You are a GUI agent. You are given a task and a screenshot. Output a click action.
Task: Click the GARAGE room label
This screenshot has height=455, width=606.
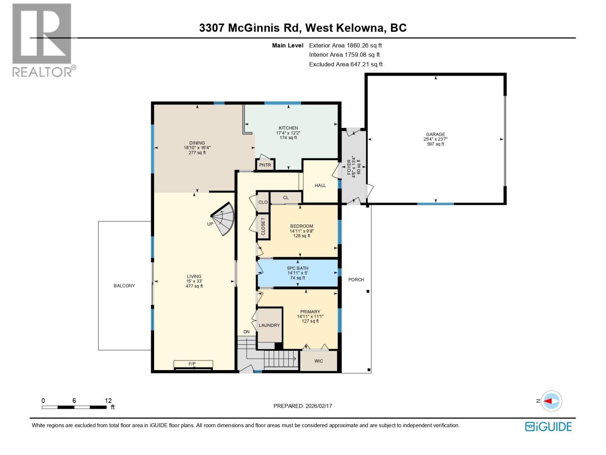click(435, 134)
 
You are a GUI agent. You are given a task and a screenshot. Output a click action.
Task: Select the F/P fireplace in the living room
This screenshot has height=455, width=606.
click(193, 364)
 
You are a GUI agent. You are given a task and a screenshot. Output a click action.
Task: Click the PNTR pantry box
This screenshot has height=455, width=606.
click(265, 165)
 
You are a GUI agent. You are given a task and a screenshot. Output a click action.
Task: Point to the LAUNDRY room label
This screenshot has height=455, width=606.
click(269, 325)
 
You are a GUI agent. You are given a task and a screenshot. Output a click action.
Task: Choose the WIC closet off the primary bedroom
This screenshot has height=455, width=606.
click(319, 361)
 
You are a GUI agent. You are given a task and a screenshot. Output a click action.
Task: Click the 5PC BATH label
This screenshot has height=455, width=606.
click(298, 268)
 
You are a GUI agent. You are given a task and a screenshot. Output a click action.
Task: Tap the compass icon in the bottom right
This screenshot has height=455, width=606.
click(551, 401)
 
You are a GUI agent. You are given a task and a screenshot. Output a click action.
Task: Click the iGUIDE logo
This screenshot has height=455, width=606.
click(548, 427)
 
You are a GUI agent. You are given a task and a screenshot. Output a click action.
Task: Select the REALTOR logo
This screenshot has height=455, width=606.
click(42, 40)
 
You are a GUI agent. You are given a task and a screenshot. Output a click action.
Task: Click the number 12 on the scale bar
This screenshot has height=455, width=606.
click(108, 400)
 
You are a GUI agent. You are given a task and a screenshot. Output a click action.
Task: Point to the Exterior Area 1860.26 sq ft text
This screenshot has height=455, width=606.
click(345, 45)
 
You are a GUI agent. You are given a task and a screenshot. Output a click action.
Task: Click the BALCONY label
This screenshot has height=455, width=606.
click(124, 286)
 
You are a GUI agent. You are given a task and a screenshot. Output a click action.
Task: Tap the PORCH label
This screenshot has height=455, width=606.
click(356, 279)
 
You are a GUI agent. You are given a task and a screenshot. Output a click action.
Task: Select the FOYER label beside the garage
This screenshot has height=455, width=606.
click(349, 167)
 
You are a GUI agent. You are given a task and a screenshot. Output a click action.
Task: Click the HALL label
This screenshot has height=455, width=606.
click(320, 185)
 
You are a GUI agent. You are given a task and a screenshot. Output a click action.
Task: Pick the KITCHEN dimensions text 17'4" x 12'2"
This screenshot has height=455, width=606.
click(288, 133)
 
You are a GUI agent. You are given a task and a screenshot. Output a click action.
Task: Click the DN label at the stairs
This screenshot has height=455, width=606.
click(247, 332)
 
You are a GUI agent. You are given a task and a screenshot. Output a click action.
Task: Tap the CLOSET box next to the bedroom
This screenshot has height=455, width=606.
click(263, 226)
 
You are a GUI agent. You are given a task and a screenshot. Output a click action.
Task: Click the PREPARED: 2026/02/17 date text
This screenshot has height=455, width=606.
click(303, 406)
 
